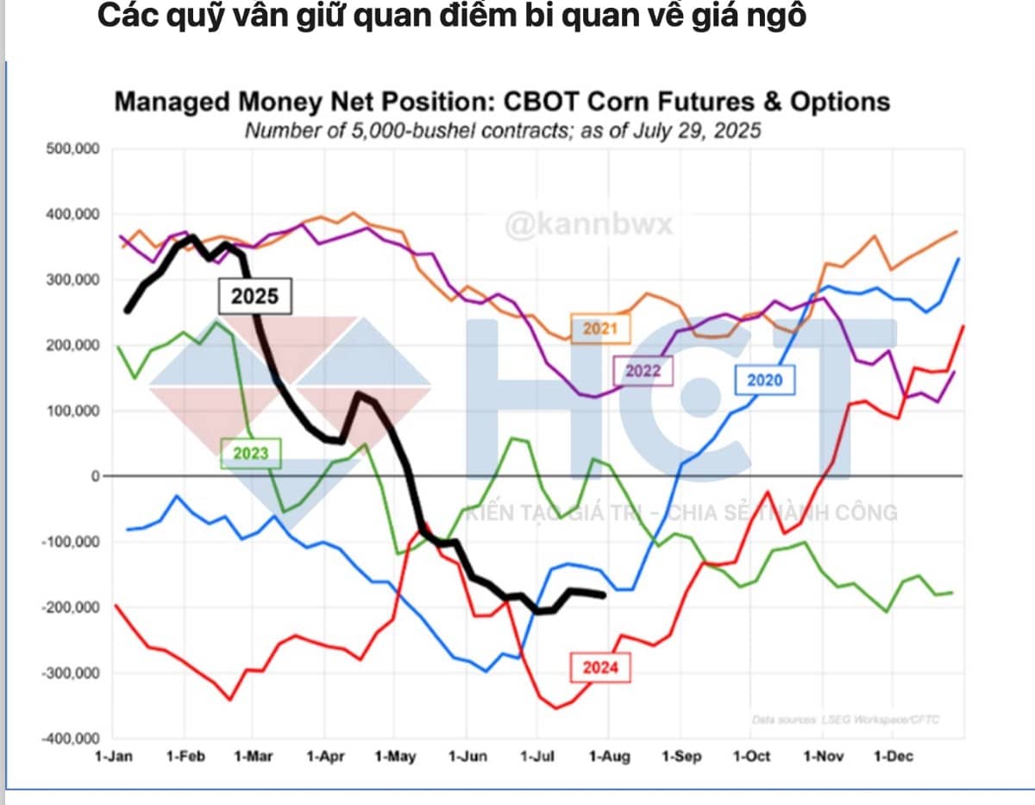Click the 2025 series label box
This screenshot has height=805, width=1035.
pos(254,296)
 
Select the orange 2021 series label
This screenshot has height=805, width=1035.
pos(599,329)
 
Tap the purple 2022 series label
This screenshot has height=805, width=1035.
pos(643,371)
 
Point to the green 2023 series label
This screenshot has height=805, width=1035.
pos(250,452)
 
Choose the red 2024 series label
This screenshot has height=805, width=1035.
pos(600,667)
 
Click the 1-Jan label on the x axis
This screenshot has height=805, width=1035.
pos(115,757)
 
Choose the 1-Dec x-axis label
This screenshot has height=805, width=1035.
pos(894,757)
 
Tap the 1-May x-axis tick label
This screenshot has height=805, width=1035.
pos(395,757)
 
